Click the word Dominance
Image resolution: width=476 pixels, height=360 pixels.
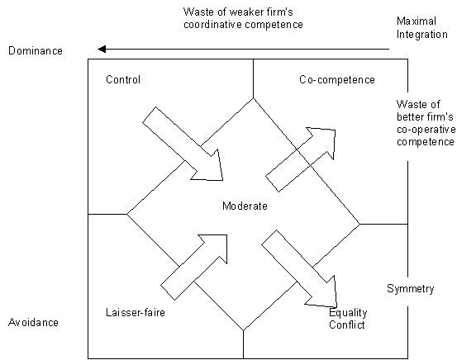[x=36, y=50]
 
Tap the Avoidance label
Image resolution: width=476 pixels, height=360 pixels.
[x=33, y=322]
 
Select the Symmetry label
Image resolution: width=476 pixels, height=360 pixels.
[x=411, y=289]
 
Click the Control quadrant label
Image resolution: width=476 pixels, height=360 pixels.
[x=123, y=79]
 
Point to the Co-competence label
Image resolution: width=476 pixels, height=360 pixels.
[x=337, y=80]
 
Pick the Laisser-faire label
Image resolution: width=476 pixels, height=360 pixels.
[x=136, y=312]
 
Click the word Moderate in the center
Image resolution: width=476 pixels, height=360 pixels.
[x=245, y=206]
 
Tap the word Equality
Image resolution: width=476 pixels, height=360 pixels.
[x=348, y=313]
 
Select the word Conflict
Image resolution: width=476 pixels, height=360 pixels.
[x=347, y=324]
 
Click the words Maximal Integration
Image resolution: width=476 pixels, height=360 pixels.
[x=422, y=27]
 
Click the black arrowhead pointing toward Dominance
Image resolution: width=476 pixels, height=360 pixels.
[x=102, y=49]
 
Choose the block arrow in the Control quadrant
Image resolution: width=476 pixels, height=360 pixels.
[x=183, y=144]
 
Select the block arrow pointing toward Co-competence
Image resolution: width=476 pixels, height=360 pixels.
[x=301, y=159]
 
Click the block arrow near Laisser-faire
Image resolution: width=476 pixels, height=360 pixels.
[x=193, y=268]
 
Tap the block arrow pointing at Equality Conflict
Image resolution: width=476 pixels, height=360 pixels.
[x=299, y=268]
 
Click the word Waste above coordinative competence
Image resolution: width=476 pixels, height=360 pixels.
[x=198, y=12]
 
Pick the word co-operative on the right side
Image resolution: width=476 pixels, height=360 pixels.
[x=426, y=130]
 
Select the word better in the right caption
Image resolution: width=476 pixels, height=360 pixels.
[x=409, y=117]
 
